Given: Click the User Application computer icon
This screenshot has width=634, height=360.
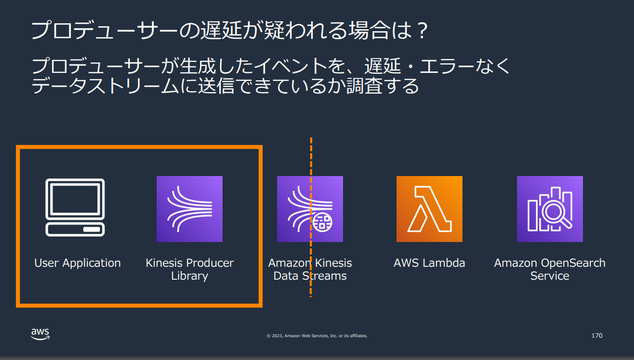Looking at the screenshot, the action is [75, 208].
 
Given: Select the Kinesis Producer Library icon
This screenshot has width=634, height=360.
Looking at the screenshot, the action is [189, 209].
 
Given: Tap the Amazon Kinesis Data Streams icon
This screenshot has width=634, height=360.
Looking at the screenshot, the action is [310, 209].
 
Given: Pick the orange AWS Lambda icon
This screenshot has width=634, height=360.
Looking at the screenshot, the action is [429, 209].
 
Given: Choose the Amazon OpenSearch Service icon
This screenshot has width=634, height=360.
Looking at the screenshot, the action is [550, 209].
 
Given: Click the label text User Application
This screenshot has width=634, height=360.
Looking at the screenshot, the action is [77, 263].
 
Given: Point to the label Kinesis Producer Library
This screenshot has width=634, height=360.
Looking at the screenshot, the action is [189, 269].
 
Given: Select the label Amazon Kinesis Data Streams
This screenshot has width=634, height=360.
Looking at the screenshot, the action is [310, 269].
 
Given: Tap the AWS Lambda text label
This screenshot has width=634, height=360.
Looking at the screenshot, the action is [429, 263].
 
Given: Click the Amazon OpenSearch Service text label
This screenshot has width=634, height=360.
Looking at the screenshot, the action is [550, 269].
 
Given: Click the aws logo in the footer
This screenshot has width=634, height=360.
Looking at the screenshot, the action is [40, 334].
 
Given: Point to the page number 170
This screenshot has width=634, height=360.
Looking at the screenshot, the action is [597, 336].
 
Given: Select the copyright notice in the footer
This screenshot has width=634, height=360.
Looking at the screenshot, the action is [317, 336].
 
